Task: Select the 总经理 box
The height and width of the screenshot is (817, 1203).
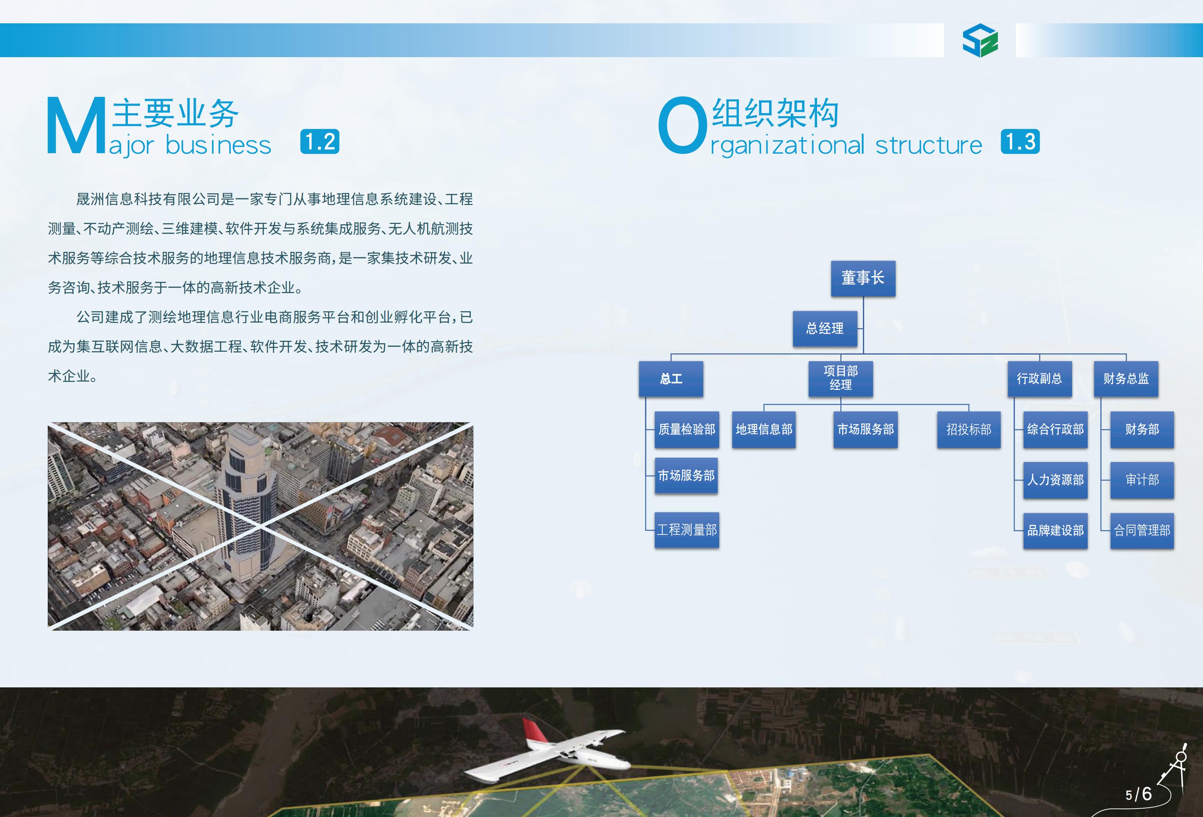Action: (825, 328)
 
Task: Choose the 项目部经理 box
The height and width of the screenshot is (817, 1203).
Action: (841, 379)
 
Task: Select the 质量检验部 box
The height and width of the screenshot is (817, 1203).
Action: (687, 430)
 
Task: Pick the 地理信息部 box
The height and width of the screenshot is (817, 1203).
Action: (764, 430)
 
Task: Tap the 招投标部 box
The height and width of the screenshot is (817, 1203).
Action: (968, 430)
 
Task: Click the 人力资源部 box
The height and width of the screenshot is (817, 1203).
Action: (1055, 480)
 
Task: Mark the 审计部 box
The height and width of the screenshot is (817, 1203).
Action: (1142, 480)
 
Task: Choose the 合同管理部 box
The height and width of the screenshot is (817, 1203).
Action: (1142, 530)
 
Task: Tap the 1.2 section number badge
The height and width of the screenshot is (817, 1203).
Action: (320, 141)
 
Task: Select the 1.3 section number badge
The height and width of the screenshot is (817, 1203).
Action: (1020, 141)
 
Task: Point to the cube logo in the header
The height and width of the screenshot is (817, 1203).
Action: (980, 40)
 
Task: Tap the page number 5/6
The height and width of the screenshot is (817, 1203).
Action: (1139, 794)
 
